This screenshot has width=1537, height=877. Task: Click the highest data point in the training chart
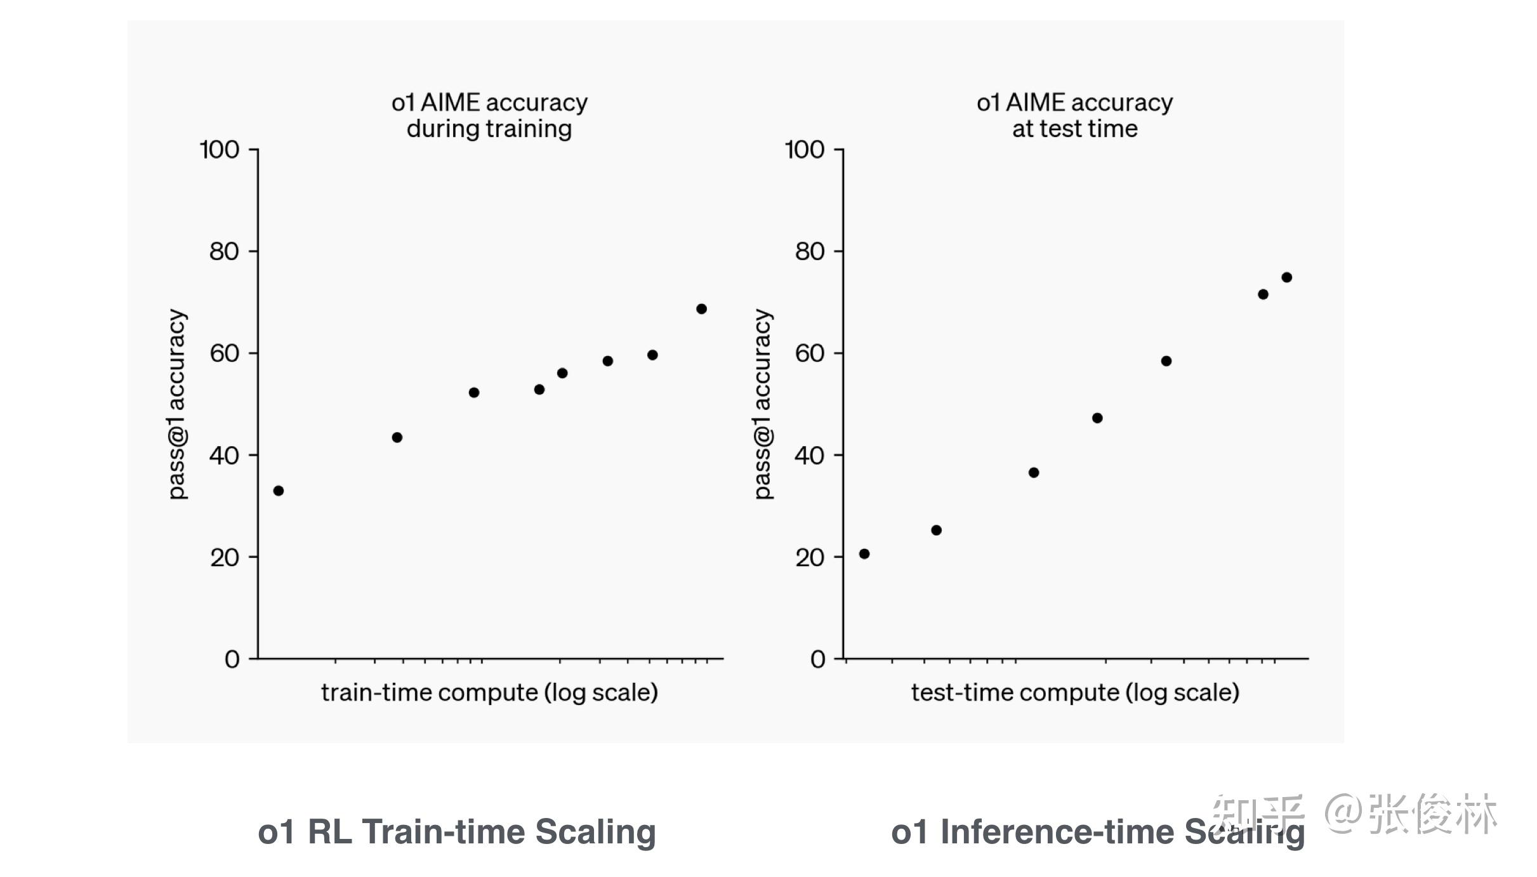click(701, 309)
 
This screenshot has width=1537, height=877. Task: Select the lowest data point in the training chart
click(279, 491)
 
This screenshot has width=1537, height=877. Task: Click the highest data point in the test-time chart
click(1287, 277)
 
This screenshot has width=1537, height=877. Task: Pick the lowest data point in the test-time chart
click(864, 554)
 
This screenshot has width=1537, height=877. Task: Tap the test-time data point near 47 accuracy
click(1097, 418)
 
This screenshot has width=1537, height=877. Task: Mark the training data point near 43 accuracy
click(397, 437)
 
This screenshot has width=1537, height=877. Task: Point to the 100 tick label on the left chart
click(220, 150)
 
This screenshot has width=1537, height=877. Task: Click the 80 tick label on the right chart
click(810, 252)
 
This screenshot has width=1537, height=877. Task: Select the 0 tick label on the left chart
click(232, 659)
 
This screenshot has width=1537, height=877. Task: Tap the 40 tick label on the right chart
click(810, 456)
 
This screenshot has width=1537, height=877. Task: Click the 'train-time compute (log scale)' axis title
click(489, 692)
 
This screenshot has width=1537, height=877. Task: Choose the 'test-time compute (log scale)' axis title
click(1075, 692)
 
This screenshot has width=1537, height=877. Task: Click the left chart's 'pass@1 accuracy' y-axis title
click(177, 404)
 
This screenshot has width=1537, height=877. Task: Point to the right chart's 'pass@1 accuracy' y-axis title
click(763, 404)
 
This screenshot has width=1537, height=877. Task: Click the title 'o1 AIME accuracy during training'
click(489, 115)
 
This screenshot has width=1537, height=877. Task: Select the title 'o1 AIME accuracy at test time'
click(1074, 115)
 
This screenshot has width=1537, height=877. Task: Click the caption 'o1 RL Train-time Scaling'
click(457, 832)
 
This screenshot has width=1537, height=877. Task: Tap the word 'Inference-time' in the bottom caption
click(1057, 832)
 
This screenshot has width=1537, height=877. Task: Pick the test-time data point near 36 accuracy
click(1034, 473)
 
